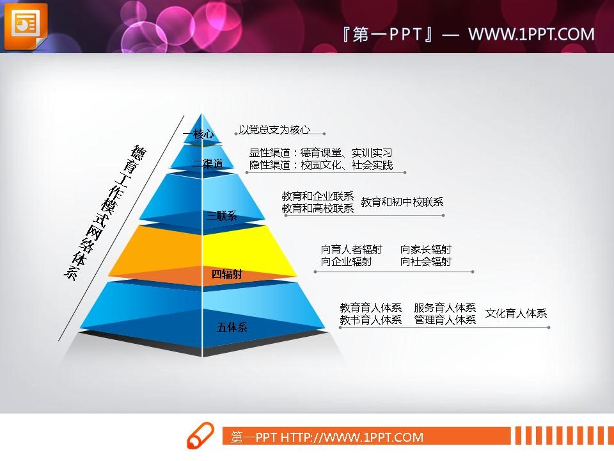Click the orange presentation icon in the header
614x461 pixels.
(26, 26)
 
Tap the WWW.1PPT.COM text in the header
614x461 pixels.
(531, 35)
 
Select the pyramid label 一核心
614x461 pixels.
(198, 134)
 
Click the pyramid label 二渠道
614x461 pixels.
(207, 163)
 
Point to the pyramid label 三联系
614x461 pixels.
(222, 216)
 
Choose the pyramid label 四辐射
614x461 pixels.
(227, 274)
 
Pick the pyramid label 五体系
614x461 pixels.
(232, 327)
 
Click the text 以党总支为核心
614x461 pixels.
(274, 129)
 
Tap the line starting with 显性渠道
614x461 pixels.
(320, 152)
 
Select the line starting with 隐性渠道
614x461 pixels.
(321, 165)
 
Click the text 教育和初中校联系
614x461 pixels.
(402, 202)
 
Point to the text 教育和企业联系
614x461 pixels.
(318, 196)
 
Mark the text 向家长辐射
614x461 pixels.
(426, 249)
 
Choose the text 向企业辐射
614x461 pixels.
(347, 261)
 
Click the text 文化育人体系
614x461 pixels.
(516, 313)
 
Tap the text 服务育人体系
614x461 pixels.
(445, 307)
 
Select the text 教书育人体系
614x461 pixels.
(371, 320)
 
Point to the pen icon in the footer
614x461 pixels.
(200, 435)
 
